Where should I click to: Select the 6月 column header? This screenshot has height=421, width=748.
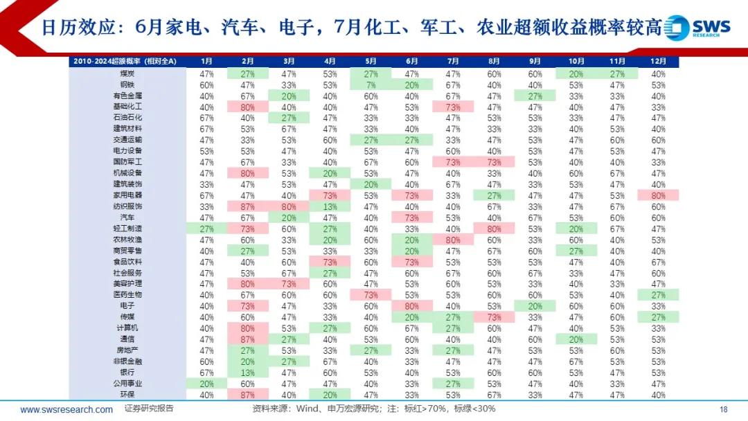(x=411, y=62)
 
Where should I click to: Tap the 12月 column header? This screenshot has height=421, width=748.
(x=659, y=62)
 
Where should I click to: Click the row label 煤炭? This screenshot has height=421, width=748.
(x=127, y=73)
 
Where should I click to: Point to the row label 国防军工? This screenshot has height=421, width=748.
(x=127, y=161)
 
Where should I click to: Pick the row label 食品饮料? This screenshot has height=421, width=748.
(x=127, y=262)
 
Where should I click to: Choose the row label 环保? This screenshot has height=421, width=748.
(x=127, y=395)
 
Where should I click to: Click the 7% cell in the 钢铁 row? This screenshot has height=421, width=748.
(x=371, y=84)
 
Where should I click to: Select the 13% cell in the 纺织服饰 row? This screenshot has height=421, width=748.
(x=330, y=206)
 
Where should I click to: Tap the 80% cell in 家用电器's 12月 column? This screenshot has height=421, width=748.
(x=659, y=195)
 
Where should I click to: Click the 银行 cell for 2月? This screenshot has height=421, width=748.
(x=248, y=373)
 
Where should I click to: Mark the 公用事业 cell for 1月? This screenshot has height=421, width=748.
(x=206, y=384)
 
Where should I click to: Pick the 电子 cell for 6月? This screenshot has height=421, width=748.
(x=411, y=305)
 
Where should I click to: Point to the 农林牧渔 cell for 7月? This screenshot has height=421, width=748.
(x=453, y=240)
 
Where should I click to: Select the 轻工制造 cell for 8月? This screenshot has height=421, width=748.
(x=494, y=229)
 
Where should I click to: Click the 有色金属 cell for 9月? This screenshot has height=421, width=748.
(x=535, y=96)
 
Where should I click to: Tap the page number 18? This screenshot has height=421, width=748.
(x=723, y=409)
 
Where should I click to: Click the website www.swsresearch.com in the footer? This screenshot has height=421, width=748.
(x=66, y=409)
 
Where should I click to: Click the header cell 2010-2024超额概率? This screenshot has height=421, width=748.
(x=125, y=62)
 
